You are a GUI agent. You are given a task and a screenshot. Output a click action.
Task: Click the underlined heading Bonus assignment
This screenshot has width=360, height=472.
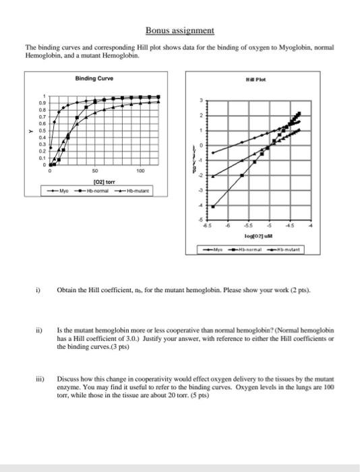(x=180, y=30)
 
